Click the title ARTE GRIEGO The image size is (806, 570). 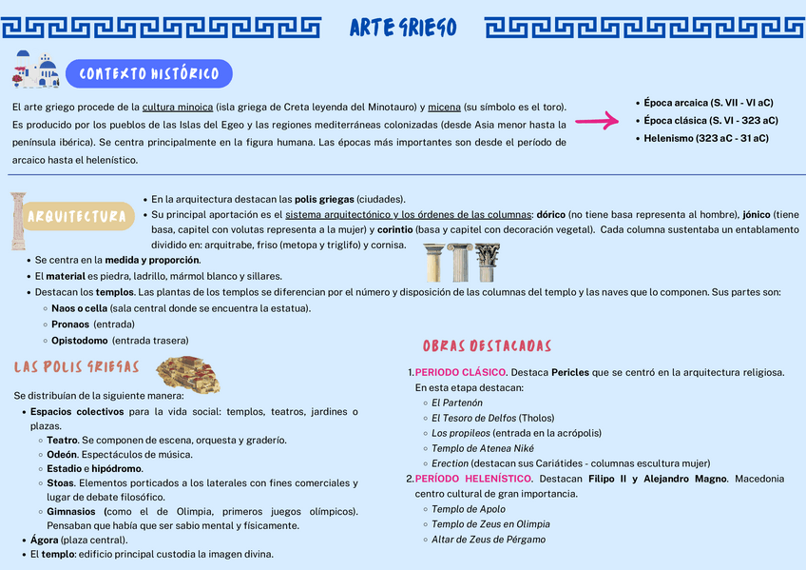click(x=403, y=28)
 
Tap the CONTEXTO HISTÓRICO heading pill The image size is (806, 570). click(x=149, y=73)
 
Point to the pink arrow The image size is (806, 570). click(x=597, y=121)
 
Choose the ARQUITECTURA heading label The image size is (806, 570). click(x=79, y=217)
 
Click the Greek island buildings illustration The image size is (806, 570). click(x=34, y=70)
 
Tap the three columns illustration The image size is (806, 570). click(x=462, y=263)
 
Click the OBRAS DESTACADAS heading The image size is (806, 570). click(x=487, y=345)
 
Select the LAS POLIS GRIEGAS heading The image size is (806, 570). click(x=77, y=367)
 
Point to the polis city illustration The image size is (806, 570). click(x=188, y=374)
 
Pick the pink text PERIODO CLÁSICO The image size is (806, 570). click(x=461, y=372)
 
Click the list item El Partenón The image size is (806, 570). click(x=456, y=403)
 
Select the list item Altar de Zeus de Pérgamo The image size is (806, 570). click(x=488, y=540)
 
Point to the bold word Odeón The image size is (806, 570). click(x=62, y=455)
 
